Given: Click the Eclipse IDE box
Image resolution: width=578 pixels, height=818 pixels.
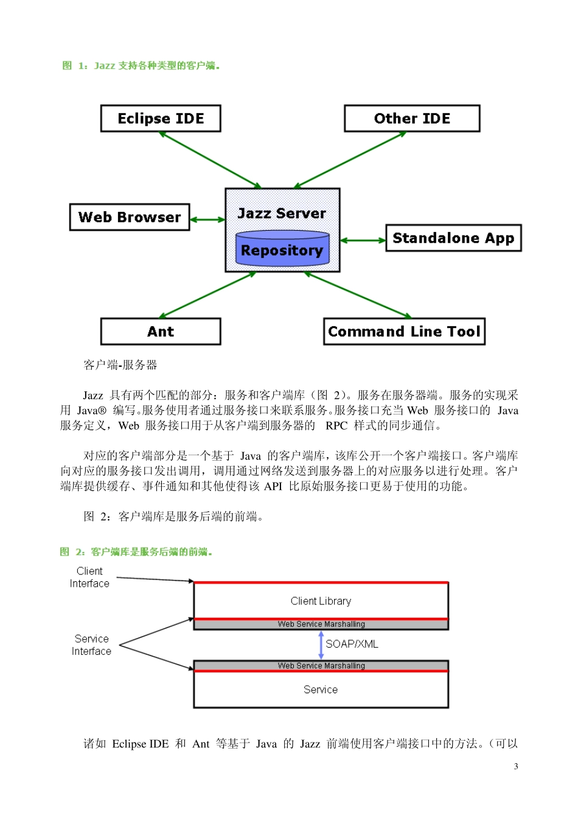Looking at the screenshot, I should click(161, 119).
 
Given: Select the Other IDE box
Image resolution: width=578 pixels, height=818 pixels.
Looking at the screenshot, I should click(412, 119).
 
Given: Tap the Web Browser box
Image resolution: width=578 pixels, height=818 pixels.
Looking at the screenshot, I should click(130, 217).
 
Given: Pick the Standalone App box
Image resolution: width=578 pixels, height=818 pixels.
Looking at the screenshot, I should click(453, 238).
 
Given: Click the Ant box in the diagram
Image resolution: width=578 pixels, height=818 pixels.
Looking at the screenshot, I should click(161, 332).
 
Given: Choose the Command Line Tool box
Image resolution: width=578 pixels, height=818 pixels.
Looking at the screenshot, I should click(404, 332).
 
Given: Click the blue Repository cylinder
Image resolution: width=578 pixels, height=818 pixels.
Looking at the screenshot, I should click(282, 249).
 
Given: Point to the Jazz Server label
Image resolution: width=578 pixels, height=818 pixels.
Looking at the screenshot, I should click(282, 213).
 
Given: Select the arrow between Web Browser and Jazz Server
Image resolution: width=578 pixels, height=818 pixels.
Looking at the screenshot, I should click(207, 220).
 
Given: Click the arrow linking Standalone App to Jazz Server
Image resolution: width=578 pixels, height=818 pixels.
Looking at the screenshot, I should click(363, 240).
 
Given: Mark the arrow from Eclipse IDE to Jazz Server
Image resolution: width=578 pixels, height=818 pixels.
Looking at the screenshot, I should click(210, 159).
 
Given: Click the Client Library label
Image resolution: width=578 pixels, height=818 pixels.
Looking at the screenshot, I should click(321, 601).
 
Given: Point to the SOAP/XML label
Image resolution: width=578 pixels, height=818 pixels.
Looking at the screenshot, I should click(352, 644).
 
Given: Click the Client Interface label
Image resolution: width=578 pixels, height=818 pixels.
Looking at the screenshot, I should click(89, 577).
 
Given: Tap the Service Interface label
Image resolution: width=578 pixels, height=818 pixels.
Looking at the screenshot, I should click(91, 645).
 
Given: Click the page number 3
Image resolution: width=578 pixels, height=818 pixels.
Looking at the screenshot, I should click(516, 766).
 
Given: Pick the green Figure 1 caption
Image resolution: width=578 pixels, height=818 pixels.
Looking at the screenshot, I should click(141, 66).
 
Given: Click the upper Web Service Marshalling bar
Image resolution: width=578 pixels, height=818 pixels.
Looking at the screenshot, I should click(321, 624).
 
